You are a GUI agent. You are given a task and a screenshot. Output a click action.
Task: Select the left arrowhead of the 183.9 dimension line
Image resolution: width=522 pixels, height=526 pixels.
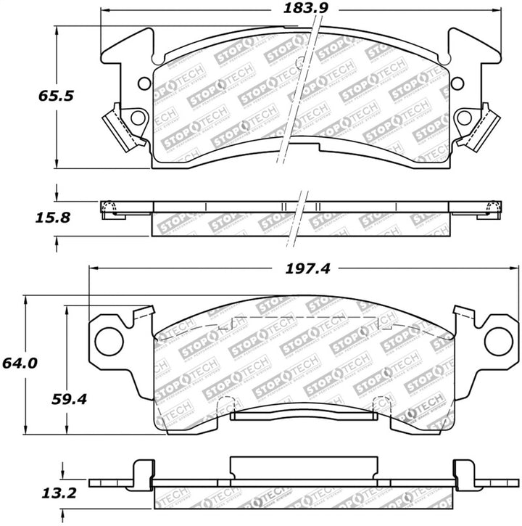[104, 10]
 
